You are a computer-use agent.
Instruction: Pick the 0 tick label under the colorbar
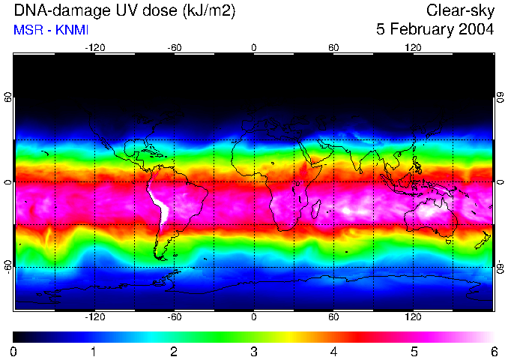[x=14, y=351]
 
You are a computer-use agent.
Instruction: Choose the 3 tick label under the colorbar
[x=254, y=351]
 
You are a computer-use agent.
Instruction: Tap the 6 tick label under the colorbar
[x=494, y=351]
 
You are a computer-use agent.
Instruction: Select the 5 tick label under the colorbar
[x=414, y=351]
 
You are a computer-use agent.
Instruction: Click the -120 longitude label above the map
[x=94, y=47]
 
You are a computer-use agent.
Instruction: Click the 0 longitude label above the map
[x=254, y=47]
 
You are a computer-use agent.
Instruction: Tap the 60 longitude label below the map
[x=333, y=317]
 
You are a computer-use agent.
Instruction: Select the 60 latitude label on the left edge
[x=7, y=97]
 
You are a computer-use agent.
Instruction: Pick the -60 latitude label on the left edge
[x=7, y=266]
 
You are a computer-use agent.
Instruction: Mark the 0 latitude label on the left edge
[x=7, y=182]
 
